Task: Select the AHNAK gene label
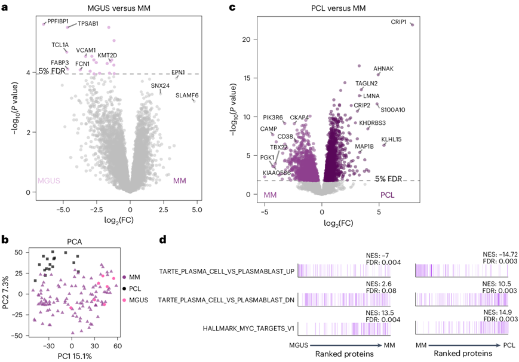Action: click(383, 69)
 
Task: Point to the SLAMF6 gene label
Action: click(187, 96)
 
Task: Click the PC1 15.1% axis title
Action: click(74, 357)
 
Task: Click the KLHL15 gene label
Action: click(391, 139)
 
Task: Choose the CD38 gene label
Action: click(285, 136)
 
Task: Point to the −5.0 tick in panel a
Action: click(63, 210)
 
